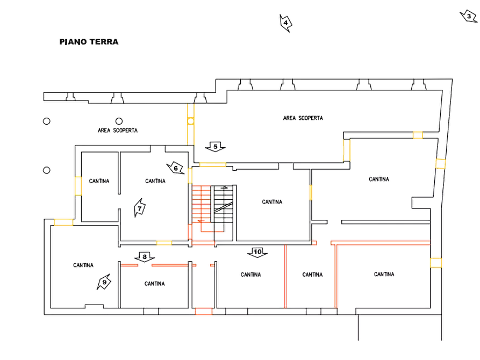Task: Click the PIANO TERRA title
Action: pyautogui.click(x=89, y=41)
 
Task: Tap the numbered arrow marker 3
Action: pyautogui.click(x=469, y=16)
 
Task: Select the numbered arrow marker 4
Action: pyautogui.click(x=286, y=23)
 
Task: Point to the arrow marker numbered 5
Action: pyautogui.click(x=215, y=147)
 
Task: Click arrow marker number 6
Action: pyautogui.click(x=176, y=168)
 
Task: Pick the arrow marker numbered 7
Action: pyautogui.click(x=140, y=208)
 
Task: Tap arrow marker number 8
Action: pyautogui.click(x=145, y=257)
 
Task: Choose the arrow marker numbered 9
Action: pyautogui.click(x=104, y=282)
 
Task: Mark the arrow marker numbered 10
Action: pyautogui.click(x=257, y=252)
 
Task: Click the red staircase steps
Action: pyautogui.click(x=201, y=208)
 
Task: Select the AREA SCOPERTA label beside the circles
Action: pyautogui.click(x=118, y=131)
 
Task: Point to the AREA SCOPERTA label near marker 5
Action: pyautogui.click(x=303, y=118)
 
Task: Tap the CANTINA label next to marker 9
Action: pyautogui.click(x=83, y=265)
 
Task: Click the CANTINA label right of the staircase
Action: pyautogui.click(x=272, y=201)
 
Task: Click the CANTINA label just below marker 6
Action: pyautogui.click(x=155, y=181)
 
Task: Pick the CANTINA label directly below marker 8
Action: pyautogui.click(x=155, y=284)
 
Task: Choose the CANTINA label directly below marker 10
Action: pyautogui.click(x=250, y=275)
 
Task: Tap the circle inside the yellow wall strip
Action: pyautogui.click(x=190, y=121)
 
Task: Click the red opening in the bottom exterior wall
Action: pyautogui.click(x=204, y=311)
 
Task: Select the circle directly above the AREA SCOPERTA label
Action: pyautogui.click(x=119, y=121)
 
